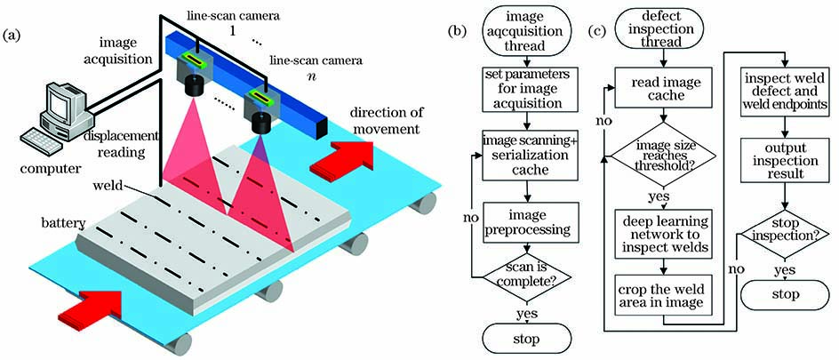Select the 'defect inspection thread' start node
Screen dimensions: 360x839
click(x=659, y=33)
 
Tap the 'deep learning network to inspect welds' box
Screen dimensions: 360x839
click(x=659, y=233)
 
